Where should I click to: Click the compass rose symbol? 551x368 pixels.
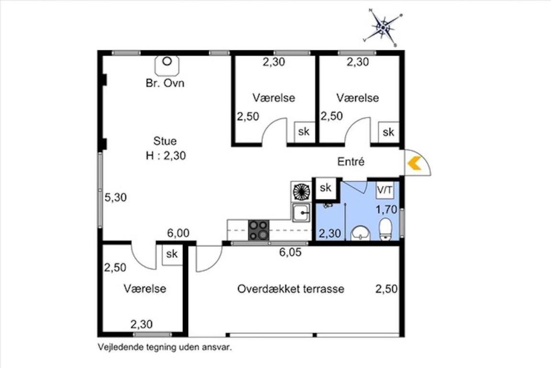pyautogui.click(x=383, y=27)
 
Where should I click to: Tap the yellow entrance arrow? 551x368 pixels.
pyautogui.click(x=415, y=163)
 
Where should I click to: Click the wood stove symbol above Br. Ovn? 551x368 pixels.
pyautogui.click(x=167, y=65)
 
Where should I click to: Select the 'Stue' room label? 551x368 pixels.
pyautogui.click(x=165, y=141)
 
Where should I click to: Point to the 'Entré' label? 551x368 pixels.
pyautogui.click(x=351, y=161)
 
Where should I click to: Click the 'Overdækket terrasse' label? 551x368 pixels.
pyautogui.click(x=291, y=289)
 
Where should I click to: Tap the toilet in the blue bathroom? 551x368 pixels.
pyautogui.click(x=385, y=229)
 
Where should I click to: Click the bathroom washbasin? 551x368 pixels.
pyautogui.click(x=360, y=233)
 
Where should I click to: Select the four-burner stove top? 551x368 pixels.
pyautogui.click(x=259, y=230)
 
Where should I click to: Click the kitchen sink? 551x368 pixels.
pyautogui.click(x=301, y=213)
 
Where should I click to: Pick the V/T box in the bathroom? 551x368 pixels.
pyautogui.click(x=385, y=190)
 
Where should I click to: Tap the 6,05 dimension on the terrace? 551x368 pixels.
pyautogui.click(x=290, y=252)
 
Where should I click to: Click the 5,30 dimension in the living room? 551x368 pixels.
pyautogui.click(x=116, y=197)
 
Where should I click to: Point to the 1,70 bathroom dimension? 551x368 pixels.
pyautogui.click(x=386, y=210)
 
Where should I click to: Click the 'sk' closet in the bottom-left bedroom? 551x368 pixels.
pyautogui.click(x=172, y=254)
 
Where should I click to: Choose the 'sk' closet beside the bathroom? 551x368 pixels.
pyautogui.click(x=326, y=188)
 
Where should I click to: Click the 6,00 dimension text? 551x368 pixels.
pyautogui.click(x=178, y=233)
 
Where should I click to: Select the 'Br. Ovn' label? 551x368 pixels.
pyautogui.click(x=165, y=83)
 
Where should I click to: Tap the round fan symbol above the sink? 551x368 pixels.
pyautogui.click(x=301, y=192)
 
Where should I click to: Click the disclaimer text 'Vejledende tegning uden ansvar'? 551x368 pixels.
pyautogui.click(x=165, y=347)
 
